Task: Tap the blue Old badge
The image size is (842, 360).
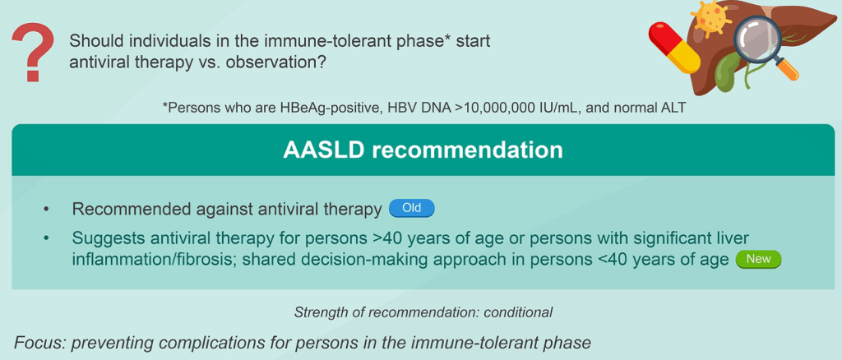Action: [411, 209]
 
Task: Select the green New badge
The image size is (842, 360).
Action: [758, 259]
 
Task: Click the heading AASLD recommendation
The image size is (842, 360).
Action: [423, 150]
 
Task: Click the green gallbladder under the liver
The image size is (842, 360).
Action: [730, 72]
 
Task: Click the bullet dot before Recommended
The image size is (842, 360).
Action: [49, 210]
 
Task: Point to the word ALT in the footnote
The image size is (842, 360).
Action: [673, 108]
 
